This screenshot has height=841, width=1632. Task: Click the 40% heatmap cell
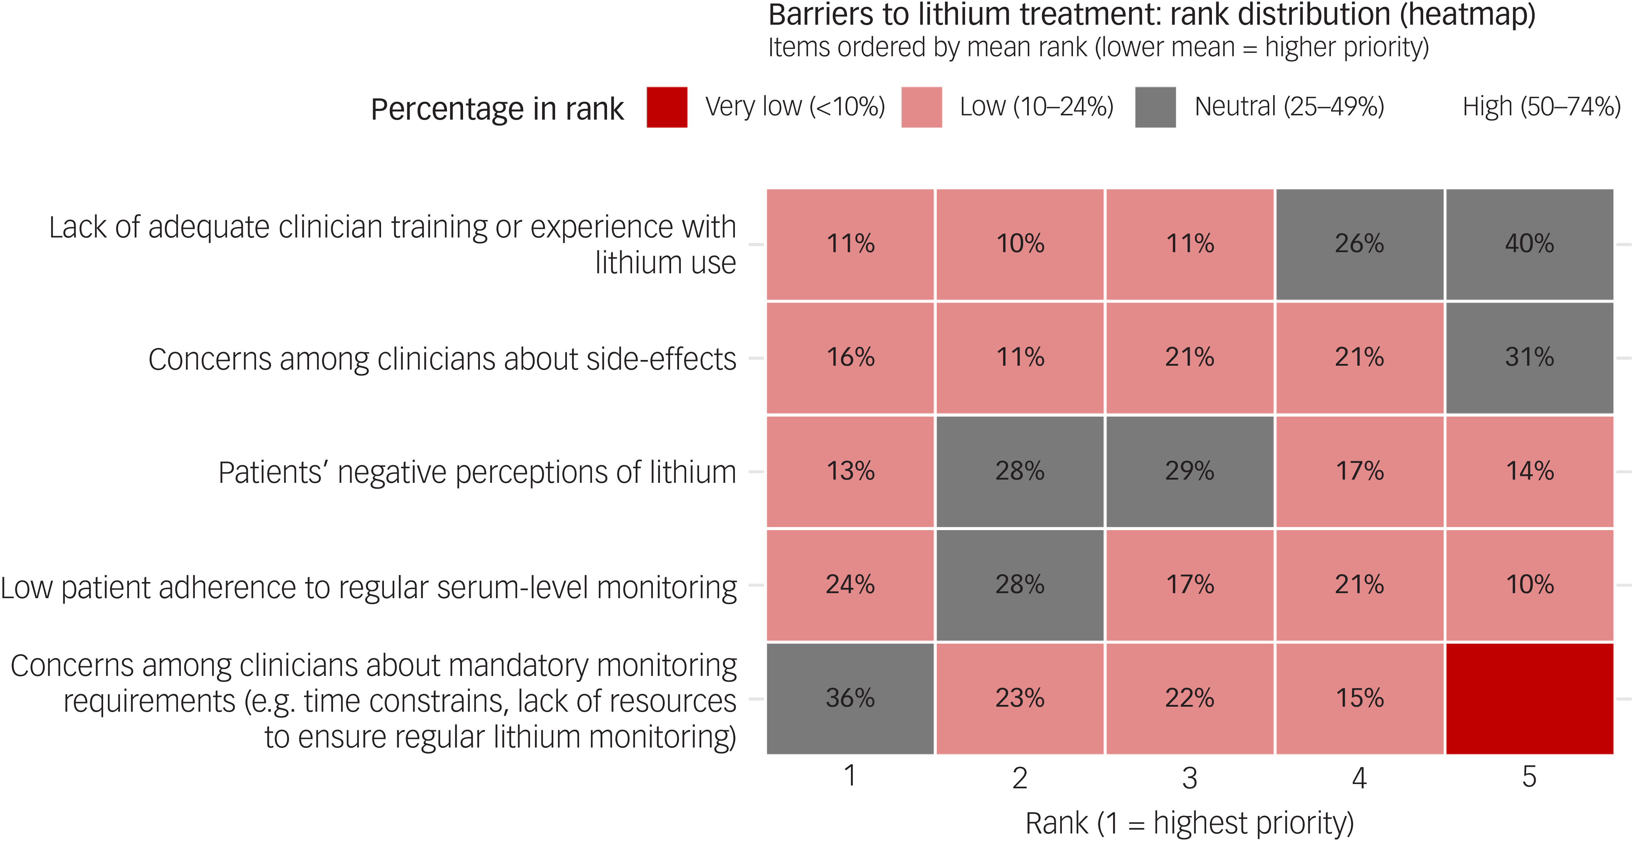(x=1529, y=244)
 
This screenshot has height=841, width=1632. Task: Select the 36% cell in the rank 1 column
(x=850, y=698)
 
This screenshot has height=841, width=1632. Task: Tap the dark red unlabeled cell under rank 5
(x=1529, y=698)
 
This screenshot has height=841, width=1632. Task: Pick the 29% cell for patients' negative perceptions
(x=1190, y=471)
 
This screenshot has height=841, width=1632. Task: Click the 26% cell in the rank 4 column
(x=1359, y=244)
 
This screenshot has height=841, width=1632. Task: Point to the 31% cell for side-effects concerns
(x=1529, y=357)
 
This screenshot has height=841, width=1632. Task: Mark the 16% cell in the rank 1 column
(x=850, y=357)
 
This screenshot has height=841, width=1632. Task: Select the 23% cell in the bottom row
(x=1020, y=698)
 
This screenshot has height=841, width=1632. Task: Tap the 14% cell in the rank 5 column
(x=1529, y=471)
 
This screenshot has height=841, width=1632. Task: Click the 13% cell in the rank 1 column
(x=850, y=471)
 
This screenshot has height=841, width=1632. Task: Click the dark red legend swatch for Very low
(x=667, y=107)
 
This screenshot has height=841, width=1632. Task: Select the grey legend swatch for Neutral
(x=1156, y=107)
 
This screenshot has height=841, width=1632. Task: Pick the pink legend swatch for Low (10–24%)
(x=922, y=107)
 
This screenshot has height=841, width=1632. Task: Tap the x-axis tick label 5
(x=1529, y=777)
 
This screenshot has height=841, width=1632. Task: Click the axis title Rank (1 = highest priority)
(x=1190, y=823)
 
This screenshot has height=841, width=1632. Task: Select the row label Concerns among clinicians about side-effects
(x=442, y=359)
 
